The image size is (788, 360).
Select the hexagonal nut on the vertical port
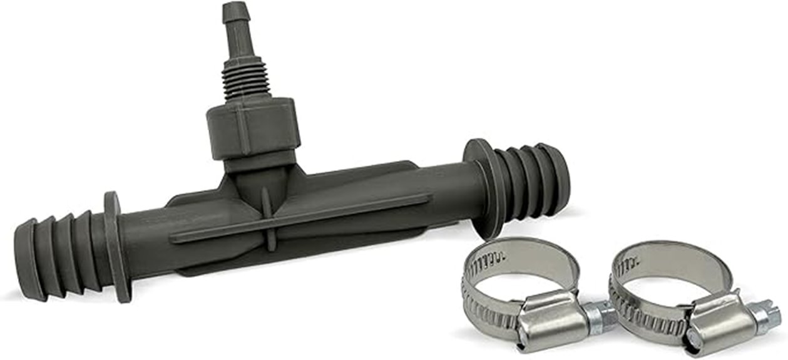[x=253, y=128]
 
